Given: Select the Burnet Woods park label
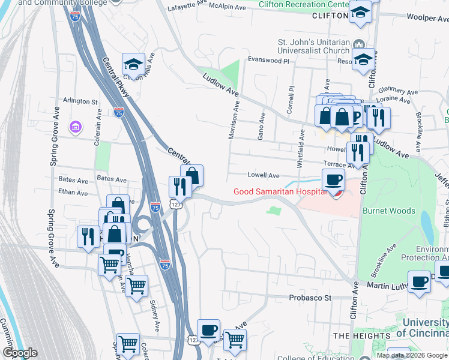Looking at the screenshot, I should [x=388, y=211].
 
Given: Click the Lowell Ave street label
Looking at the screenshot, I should [x=264, y=176].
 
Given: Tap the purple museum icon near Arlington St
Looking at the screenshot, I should [x=76, y=127].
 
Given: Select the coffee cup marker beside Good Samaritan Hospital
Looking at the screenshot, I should [x=333, y=179].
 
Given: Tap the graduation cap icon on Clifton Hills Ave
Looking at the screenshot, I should [x=133, y=64].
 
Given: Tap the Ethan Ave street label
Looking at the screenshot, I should [x=73, y=193].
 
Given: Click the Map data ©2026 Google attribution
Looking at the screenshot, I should [x=412, y=355].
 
